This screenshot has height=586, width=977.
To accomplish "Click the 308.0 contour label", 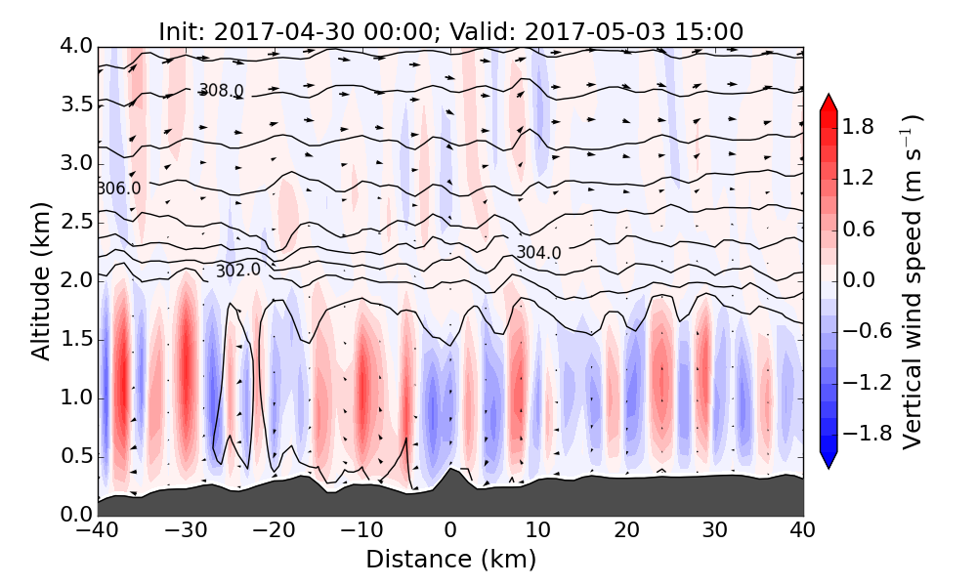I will coord(221,91).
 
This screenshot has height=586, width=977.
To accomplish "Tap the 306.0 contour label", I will coord(118,188).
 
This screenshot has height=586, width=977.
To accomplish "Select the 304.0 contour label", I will coord(538,253).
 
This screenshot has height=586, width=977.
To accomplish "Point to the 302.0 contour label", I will coord(238,271).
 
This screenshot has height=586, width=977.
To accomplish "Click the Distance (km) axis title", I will coord(450,560).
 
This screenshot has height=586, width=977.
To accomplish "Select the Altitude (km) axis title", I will coord(40,281).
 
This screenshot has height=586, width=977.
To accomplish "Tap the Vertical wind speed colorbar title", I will coord(913,281).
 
